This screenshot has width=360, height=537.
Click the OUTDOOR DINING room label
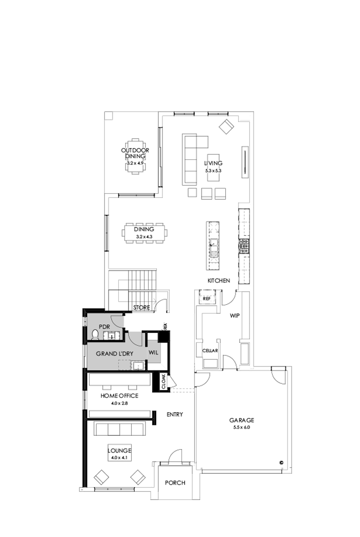pos(135,153)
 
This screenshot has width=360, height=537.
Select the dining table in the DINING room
pos(145,234)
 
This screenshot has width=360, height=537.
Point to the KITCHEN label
pos(218,281)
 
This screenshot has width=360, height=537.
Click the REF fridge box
pos(207,299)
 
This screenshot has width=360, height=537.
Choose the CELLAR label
pos(210,351)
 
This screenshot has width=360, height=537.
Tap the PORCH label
pos(174,483)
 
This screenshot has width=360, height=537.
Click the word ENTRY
pos(175,415)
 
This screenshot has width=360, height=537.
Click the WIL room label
pos(153,353)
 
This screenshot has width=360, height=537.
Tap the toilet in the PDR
pos(95,335)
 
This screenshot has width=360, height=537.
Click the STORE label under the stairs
pos(141,308)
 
